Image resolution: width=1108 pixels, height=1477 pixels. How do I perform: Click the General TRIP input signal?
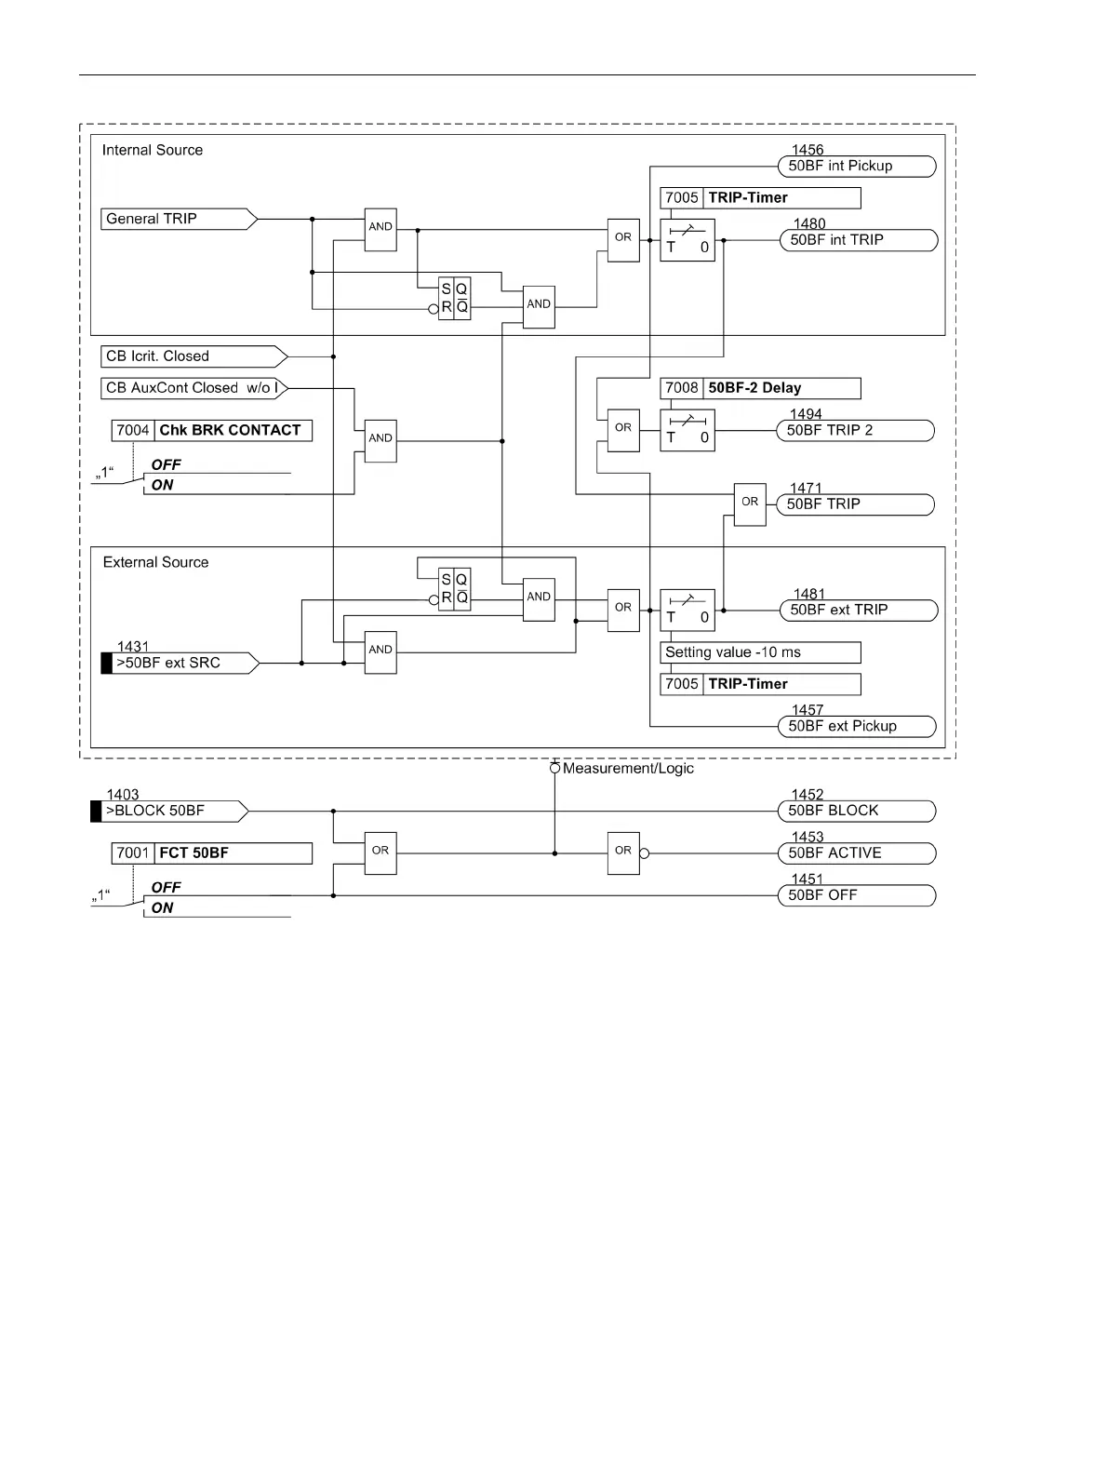tap(179, 219)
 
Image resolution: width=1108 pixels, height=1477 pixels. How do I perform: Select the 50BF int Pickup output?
tap(857, 167)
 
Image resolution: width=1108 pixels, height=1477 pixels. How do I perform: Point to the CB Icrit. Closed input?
tap(194, 356)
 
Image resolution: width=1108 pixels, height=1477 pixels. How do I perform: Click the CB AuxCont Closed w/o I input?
tap(194, 388)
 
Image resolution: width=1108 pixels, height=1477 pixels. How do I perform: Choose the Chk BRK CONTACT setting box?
tap(212, 431)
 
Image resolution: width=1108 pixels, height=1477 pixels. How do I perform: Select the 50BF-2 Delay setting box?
tap(760, 388)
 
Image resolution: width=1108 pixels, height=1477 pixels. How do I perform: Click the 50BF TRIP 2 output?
tap(855, 431)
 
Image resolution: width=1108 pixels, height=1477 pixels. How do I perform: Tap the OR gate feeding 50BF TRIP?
tap(750, 504)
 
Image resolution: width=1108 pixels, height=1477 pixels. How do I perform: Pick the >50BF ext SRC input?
tap(180, 663)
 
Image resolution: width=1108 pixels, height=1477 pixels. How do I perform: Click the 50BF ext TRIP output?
tap(859, 611)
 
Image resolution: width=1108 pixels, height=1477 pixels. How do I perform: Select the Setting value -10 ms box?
tap(760, 652)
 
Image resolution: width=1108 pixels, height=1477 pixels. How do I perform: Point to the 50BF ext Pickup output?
tap(857, 727)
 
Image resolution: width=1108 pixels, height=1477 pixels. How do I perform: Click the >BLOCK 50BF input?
tap(169, 811)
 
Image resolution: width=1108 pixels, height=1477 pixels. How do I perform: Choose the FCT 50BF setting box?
tap(212, 853)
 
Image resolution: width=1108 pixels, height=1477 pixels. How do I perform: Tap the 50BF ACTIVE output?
tap(857, 853)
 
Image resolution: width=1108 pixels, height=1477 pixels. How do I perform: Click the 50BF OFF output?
tap(857, 895)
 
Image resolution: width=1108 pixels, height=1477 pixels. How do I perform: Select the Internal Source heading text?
tap(153, 150)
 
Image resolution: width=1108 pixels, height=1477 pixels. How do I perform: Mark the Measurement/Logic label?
tap(628, 769)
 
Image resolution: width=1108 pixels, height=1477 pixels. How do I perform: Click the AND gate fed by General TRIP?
tap(380, 230)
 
